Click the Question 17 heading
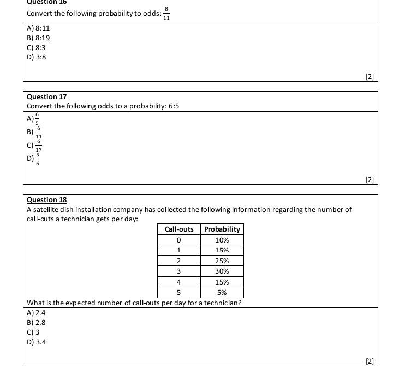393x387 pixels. [46, 96]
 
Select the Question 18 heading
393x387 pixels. [46, 199]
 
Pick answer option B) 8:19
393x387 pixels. [38, 38]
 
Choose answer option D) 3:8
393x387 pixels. [36, 57]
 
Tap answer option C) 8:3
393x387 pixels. [36, 47]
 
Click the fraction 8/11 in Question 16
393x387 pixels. [166, 13]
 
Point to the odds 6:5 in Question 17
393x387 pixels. [174, 106]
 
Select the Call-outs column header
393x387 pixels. [179, 229]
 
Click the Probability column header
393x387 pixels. [222, 229]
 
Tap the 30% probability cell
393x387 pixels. [222, 271]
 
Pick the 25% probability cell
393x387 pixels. [222, 261]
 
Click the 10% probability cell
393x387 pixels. [222, 240]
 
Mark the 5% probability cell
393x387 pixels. [222, 292]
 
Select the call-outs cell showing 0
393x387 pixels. [179, 240]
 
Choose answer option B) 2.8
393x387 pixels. [36, 322]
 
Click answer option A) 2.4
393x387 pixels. [36, 312]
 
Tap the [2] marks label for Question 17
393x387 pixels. [370, 179]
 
